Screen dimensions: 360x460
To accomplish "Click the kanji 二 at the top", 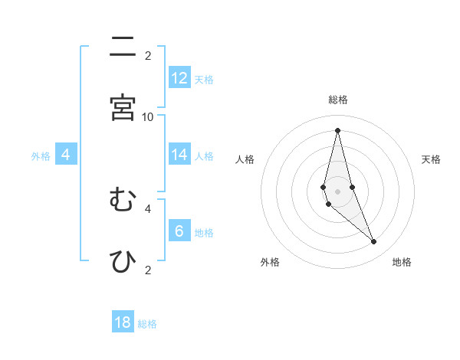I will point(123,47).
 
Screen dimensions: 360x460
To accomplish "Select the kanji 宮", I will point(123,107).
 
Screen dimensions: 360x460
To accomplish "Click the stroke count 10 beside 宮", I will point(148,116).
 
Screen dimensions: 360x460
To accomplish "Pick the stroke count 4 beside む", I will point(148,208).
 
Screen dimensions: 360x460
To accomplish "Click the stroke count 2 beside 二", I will point(148,55).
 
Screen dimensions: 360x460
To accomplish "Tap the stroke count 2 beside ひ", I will point(148,270).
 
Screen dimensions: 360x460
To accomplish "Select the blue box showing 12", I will point(179,78).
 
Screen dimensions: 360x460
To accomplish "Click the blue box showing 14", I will point(179,155).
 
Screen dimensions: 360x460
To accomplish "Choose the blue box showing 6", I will point(179,231).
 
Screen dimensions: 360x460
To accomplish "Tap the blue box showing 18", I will point(123,322).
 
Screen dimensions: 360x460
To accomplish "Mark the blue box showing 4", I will point(66,155).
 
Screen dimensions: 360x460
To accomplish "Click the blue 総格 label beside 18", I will point(147,324).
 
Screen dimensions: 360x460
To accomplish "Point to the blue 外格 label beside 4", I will point(41,156).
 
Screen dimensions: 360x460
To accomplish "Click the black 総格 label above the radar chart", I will point(338,100).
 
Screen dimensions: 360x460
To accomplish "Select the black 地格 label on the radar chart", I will point(402,262).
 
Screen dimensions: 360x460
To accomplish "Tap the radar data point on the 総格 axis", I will point(337,130).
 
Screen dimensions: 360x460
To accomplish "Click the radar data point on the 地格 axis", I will point(374,242).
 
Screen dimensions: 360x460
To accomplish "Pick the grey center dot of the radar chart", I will point(337,191).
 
